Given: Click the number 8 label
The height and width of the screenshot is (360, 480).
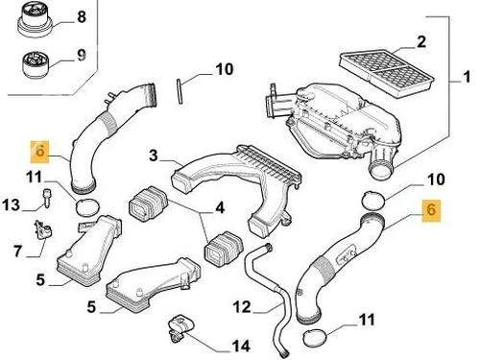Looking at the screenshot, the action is pyautogui.click(x=82, y=16).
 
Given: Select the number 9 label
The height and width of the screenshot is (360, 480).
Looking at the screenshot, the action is pyautogui.click(x=82, y=55).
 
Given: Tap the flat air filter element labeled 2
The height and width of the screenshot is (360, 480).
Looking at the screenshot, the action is pyautogui.click(x=387, y=74).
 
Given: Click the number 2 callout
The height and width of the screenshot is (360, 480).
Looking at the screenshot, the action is pyautogui.click(x=421, y=42).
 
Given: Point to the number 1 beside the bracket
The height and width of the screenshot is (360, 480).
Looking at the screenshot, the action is pyautogui.click(x=467, y=77).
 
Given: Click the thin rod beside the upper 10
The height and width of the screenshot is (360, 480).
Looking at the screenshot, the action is pyautogui.click(x=180, y=91).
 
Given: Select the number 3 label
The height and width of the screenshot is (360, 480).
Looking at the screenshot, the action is pyautogui.click(x=154, y=156).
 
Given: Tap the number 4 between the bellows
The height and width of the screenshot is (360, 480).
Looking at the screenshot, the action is pyautogui.click(x=220, y=207).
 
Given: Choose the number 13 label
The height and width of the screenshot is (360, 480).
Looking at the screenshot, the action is pyautogui.click(x=12, y=204).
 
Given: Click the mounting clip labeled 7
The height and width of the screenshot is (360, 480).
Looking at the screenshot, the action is pyautogui.click(x=43, y=230).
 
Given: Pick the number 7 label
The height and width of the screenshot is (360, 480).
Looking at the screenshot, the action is pyautogui.click(x=18, y=251).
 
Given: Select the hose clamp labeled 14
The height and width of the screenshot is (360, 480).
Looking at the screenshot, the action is pyautogui.click(x=181, y=328).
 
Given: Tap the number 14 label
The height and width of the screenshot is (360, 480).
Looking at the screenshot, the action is pyautogui.click(x=241, y=346).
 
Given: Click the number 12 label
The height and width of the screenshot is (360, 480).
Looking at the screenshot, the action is pyautogui.click(x=243, y=307).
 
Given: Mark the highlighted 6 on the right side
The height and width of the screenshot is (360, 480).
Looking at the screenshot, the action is pyautogui.click(x=431, y=210).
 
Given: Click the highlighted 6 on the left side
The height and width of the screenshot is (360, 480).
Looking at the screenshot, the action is pyautogui.click(x=39, y=151).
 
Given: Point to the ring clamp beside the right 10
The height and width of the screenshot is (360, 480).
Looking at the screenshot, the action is pyautogui.click(x=373, y=200).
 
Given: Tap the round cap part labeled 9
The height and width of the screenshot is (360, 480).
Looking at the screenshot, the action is pyautogui.click(x=36, y=64).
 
